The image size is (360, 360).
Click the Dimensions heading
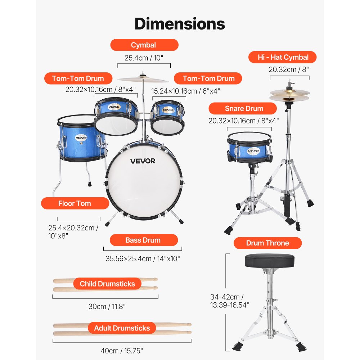tap(180, 24)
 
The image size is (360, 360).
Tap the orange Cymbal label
tap(144, 45)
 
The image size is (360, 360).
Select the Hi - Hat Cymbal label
tap(283, 57)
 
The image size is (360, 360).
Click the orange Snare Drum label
tap(244, 108)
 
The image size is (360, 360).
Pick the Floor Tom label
tap(75, 203)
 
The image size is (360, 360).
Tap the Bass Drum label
tap(143, 240)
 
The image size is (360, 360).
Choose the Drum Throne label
tap(267, 243)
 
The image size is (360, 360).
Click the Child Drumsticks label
tap(107, 284)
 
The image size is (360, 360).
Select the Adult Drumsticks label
tap(122, 328)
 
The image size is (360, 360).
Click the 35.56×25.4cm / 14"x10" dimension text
tap(143, 258)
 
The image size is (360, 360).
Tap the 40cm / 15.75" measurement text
tap(122, 350)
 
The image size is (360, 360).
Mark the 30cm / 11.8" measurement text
tap(107, 306)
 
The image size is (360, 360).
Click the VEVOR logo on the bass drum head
tap(143, 161)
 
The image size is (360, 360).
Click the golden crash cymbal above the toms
tap(143, 79)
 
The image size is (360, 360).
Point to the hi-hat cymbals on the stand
tap(289, 95)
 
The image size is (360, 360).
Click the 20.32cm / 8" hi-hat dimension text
tap(289, 69)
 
